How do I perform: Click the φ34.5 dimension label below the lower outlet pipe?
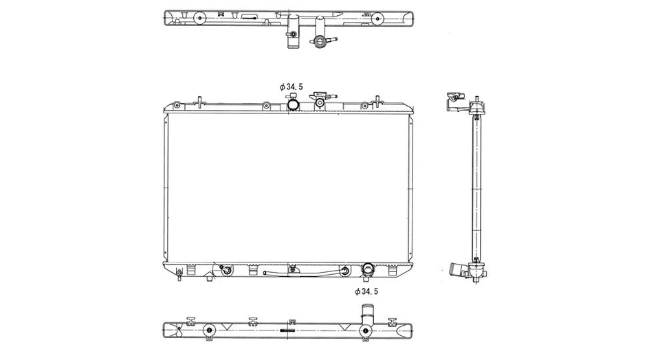[367, 291]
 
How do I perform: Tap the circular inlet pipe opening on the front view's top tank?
[294, 104]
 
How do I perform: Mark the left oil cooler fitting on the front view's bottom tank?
[224, 271]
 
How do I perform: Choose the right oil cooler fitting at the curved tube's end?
[342, 273]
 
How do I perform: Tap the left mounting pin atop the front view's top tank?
[198, 100]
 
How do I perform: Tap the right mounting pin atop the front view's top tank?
[376, 100]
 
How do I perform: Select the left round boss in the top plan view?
[199, 19]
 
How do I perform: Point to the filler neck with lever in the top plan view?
[320, 41]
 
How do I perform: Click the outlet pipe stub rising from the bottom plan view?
[365, 318]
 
